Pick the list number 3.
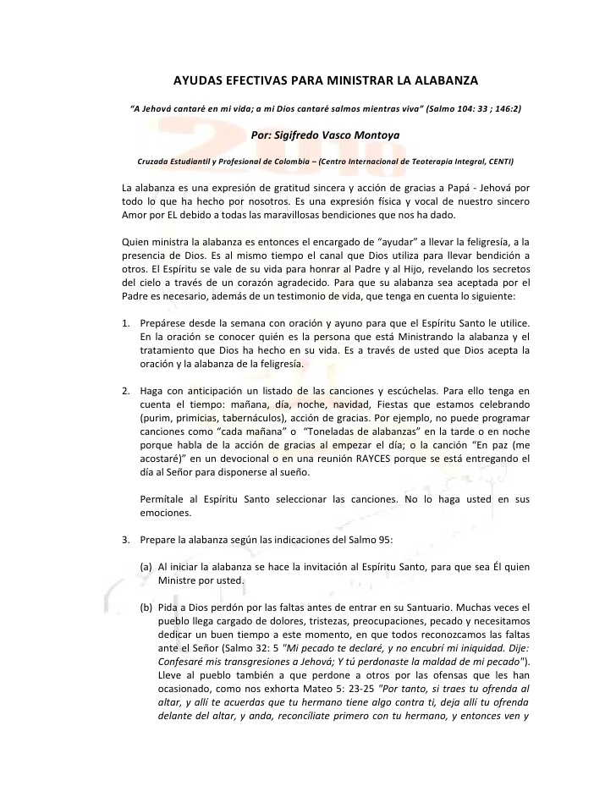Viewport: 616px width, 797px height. tap(125, 539)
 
